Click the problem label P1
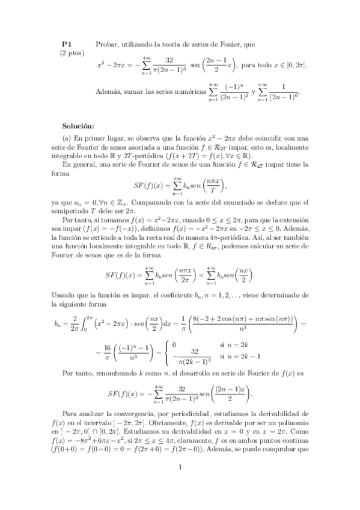click(67, 44)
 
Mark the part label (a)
click(69, 139)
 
